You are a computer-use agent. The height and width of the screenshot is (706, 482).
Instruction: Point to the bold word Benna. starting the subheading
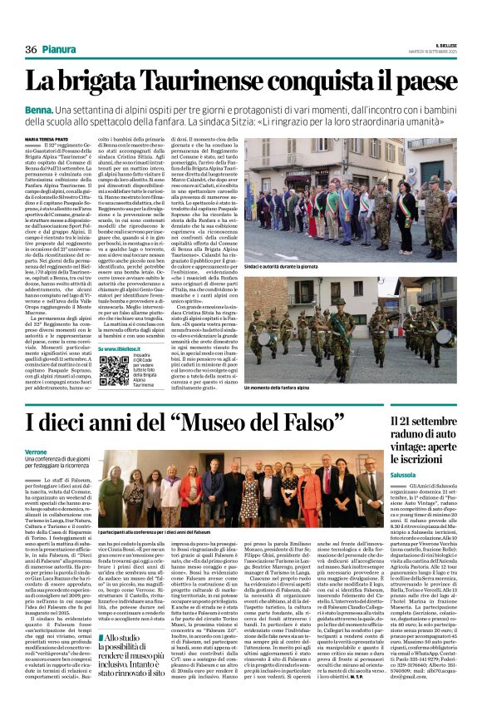pos(39,110)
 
